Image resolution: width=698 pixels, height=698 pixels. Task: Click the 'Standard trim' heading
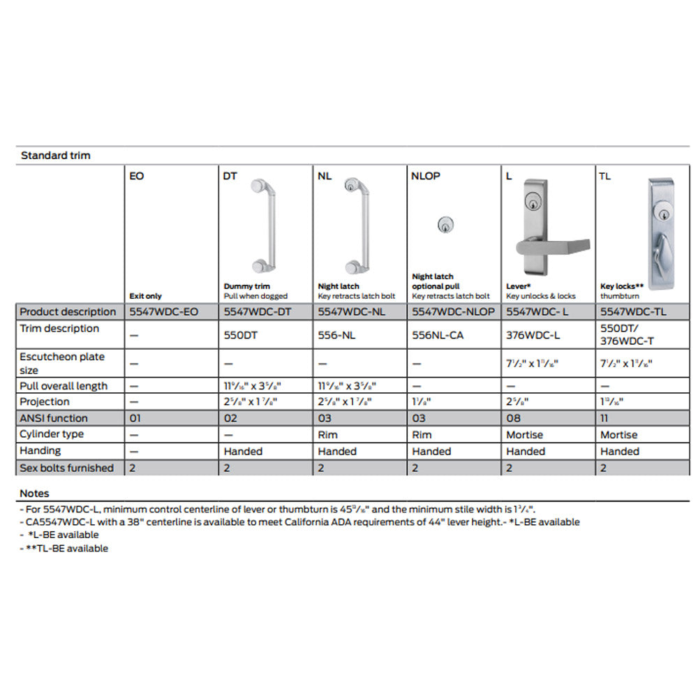click(x=56, y=156)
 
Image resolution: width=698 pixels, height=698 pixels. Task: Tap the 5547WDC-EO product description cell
click(x=164, y=312)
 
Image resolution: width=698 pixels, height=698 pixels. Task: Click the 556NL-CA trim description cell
click(x=438, y=335)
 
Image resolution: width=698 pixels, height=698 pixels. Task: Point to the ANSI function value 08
click(x=512, y=418)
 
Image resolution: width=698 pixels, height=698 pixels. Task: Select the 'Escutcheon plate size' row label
click(x=62, y=363)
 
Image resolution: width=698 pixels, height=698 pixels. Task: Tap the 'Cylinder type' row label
click(x=52, y=434)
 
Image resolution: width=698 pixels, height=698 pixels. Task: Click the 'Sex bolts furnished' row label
click(x=66, y=468)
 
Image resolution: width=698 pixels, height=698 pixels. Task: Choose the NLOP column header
click(x=426, y=176)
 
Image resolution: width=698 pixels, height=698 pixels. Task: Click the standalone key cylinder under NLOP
click(x=443, y=225)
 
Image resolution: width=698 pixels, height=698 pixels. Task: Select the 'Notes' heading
click(x=34, y=493)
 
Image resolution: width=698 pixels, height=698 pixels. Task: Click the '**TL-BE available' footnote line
click(x=64, y=549)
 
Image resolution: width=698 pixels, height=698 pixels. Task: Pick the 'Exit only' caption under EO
click(x=145, y=296)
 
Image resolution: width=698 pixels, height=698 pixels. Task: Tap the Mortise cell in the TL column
click(x=619, y=434)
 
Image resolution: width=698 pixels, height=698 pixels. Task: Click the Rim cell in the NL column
click(x=327, y=434)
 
